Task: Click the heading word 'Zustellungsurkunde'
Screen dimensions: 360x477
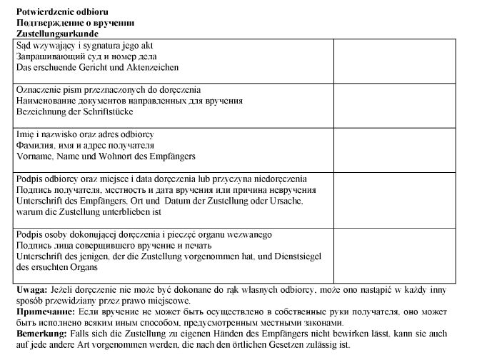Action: coord(56,34)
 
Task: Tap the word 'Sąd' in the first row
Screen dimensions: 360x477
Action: coord(23,45)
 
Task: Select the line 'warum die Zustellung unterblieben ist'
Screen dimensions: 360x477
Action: coord(89,212)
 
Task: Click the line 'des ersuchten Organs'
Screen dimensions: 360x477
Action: coord(56,266)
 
